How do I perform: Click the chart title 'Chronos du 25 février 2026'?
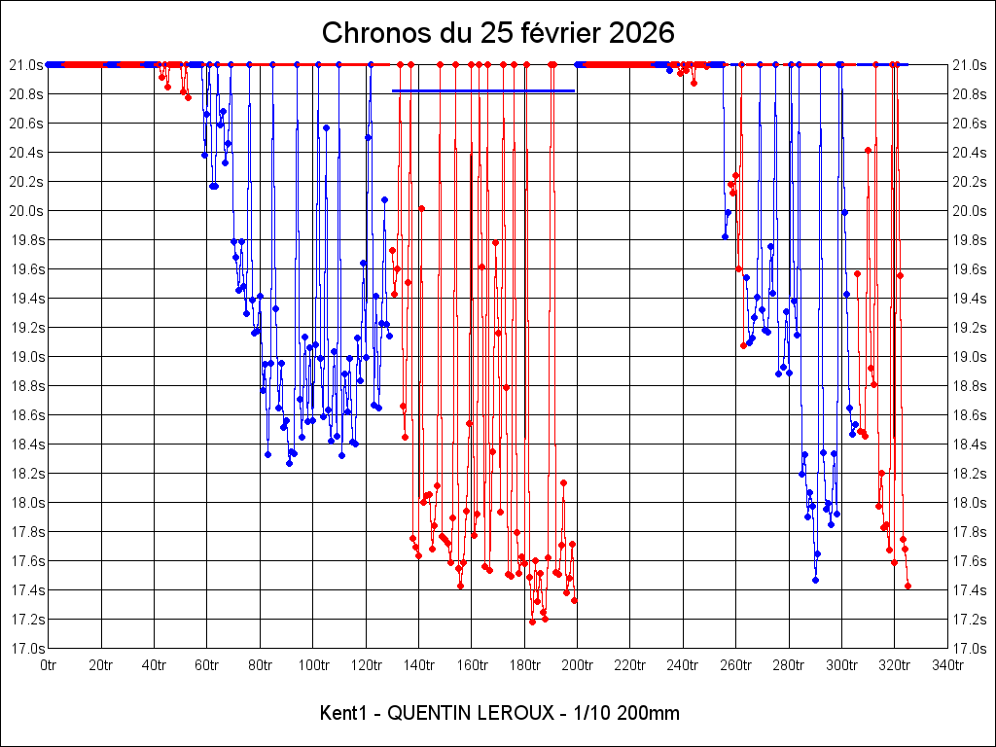(498, 33)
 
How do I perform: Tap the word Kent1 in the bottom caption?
(341, 713)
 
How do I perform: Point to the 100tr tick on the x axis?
(313, 665)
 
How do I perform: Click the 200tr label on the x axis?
(578, 665)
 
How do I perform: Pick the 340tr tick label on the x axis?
(947, 665)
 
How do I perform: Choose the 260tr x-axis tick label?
(736, 665)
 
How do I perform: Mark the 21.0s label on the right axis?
(970, 65)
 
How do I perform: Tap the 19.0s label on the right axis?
(970, 357)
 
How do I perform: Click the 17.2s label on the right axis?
(970, 620)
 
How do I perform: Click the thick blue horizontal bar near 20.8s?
(483, 91)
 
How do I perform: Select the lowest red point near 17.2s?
(532, 622)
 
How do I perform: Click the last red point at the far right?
(907, 586)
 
